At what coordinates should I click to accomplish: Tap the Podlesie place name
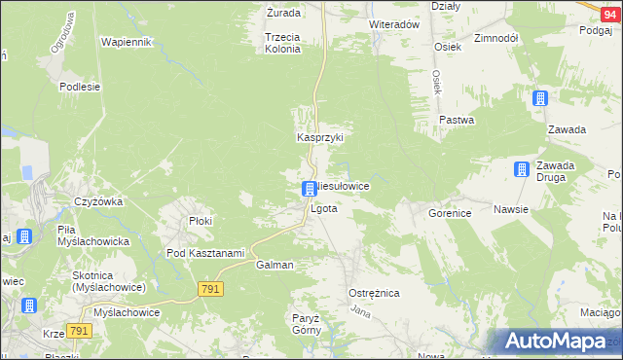[x=80, y=86]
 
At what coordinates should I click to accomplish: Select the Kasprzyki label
[x=320, y=138]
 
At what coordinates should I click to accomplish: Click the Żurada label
[x=283, y=14]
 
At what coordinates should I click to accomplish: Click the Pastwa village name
[x=456, y=121]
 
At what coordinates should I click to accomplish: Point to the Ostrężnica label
[x=374, y=293]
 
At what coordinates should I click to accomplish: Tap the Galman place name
[x=274, y=265]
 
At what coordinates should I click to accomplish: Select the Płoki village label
[x=201, y=221]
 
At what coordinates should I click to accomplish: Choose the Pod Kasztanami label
[x=204, y=253]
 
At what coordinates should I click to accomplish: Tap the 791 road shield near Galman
[x=210, y=289]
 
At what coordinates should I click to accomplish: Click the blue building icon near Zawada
[x=540, y=98]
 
